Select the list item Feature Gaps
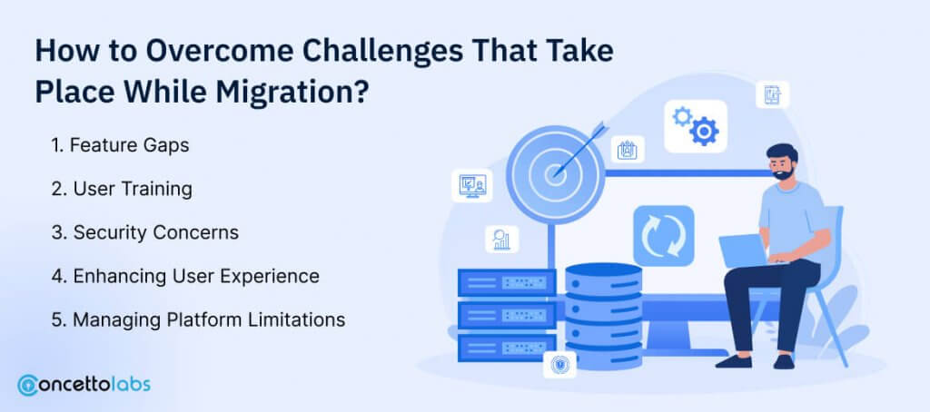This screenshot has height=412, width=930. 120,145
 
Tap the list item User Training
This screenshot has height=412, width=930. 122,189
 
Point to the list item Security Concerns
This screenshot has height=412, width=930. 144,232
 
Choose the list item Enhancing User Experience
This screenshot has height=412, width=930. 185,276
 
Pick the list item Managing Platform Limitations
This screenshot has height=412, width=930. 198,320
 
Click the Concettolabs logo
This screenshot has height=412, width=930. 84,385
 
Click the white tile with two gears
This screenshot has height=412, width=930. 695,126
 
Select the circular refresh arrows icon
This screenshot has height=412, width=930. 663,235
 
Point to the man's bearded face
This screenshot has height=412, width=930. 782,163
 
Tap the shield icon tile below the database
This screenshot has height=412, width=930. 559,365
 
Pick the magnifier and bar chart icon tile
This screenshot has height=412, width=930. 501,240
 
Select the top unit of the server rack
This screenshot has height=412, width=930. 507,282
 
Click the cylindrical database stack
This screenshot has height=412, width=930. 604,317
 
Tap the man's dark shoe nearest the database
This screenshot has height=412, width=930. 733,361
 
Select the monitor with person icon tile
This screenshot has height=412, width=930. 472,185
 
